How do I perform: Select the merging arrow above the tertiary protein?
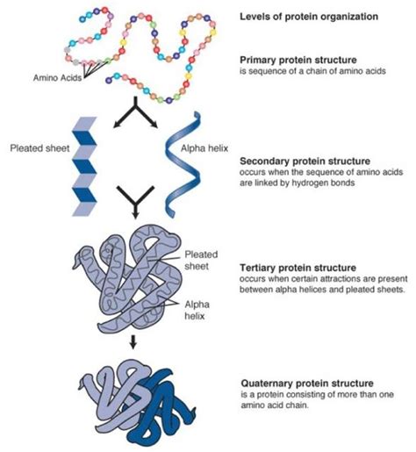tap(134, 206)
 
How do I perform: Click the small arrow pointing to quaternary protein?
tap(133, 343)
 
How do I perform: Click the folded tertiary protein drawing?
tap(127, 281)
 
